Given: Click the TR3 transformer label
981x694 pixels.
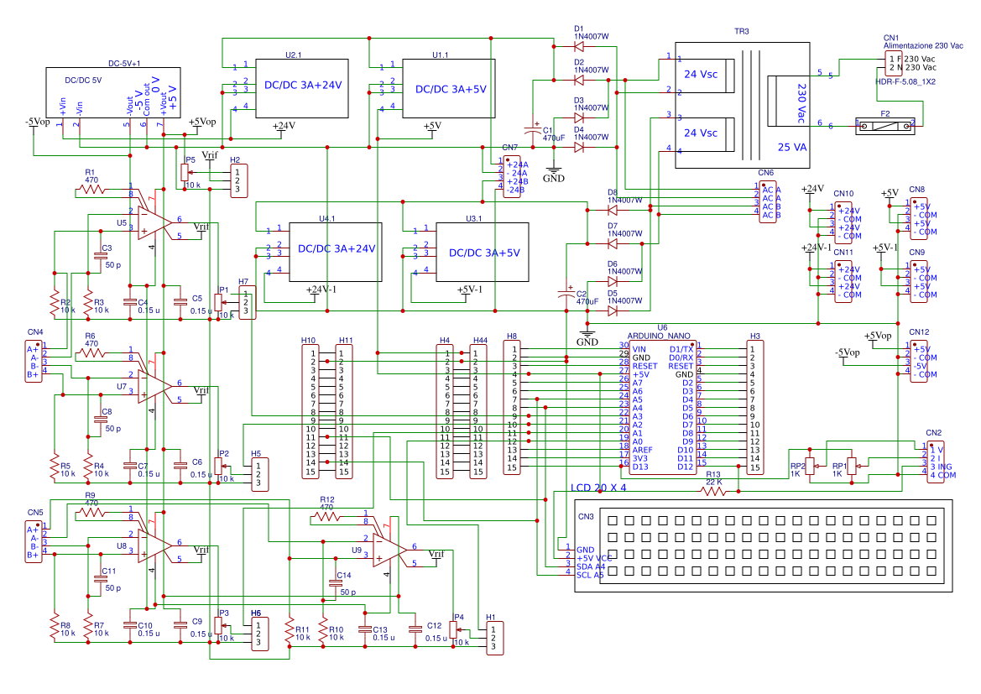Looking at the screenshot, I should point(741,31).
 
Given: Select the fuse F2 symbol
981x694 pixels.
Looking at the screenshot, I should point(884,125).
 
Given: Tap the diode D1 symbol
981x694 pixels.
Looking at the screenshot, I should point(578,46).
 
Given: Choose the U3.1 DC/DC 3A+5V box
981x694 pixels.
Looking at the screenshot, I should point(483,252).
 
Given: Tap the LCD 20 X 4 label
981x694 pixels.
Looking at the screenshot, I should point(598,488).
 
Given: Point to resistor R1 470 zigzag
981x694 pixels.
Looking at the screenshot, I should point(92,190).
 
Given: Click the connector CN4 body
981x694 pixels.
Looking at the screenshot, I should point(33,362).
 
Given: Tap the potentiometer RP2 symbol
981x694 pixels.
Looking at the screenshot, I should point(810,467).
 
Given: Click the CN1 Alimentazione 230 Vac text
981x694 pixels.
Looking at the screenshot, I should point(922,45).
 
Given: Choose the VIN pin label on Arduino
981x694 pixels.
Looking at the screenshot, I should point(639,349).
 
